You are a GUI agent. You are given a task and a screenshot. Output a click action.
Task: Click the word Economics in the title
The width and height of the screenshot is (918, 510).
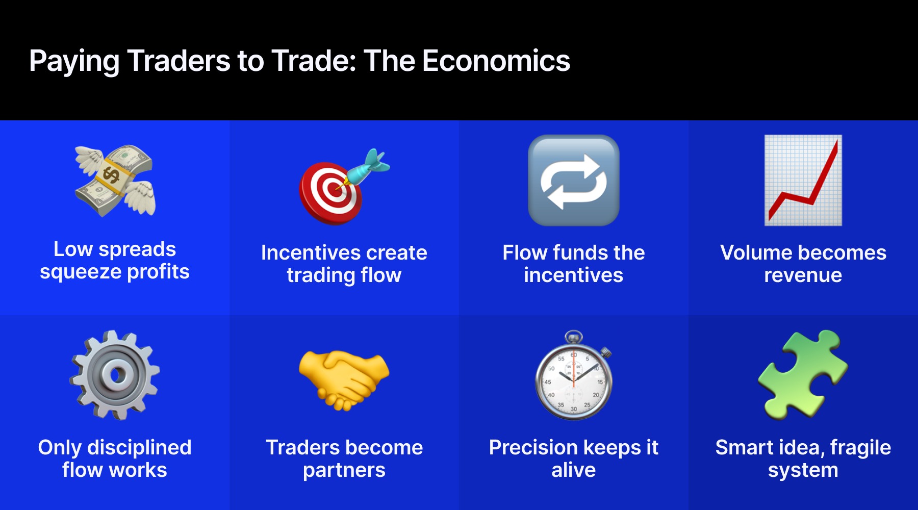click(x=496, y=61)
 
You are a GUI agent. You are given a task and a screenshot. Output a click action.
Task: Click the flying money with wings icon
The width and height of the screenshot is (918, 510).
click(x=115, y=181)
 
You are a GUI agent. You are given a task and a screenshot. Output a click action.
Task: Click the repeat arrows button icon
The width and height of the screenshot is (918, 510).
click(x=574, y=181)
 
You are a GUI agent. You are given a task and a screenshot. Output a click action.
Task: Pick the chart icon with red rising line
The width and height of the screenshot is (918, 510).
click(x=803, y=181)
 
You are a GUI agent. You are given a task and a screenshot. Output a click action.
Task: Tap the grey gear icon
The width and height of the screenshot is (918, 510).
click(x=115, y=375)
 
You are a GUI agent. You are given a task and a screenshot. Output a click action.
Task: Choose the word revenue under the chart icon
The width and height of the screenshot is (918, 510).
click(x=803, y=275)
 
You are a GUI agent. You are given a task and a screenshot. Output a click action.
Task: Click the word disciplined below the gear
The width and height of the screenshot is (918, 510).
click(x=139, y=448)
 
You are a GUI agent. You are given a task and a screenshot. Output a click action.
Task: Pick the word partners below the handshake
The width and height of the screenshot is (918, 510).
click(x=344, y=470)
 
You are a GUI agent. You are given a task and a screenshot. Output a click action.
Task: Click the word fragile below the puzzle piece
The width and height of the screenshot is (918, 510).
click(x=860, y=448)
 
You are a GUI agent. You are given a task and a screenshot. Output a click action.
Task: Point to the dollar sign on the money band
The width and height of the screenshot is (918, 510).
click(x=111, y=175)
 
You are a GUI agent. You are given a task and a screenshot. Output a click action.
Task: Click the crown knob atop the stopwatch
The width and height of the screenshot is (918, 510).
click(x=574, y=337)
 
